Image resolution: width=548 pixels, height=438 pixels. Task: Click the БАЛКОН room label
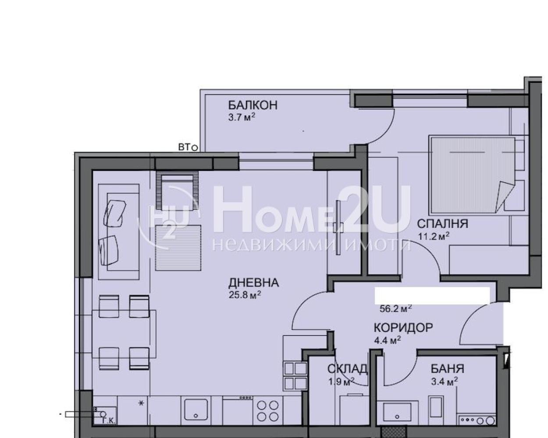[x=253, y=106]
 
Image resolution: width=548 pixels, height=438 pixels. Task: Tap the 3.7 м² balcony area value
[x=242, y=117]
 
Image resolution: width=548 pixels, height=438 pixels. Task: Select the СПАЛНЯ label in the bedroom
[x=442, y=224]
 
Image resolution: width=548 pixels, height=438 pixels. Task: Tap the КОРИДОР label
[x=403, y=328]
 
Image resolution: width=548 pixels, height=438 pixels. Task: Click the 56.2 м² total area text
[x=395, y=308]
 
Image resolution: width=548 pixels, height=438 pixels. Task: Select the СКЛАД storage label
[x=347, y=369]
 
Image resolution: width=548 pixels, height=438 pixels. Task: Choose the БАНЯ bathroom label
[x=447, y=369]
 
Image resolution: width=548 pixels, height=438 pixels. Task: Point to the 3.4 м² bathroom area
[x=444, y=381]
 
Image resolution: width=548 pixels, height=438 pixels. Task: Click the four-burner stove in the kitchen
[x=267, y=410]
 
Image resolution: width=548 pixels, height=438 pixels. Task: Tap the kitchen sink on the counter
[x=196, y=410]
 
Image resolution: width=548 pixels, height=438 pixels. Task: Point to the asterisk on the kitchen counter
[x=141, y=403]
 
